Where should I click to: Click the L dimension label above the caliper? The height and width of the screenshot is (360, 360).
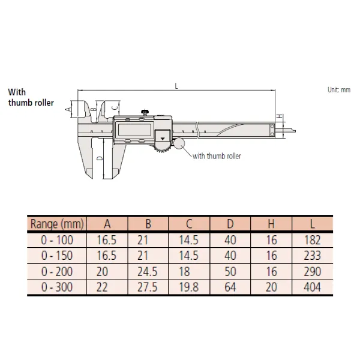[x=176, y=86]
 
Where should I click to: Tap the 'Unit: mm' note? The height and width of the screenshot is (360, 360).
[x=339, y=89]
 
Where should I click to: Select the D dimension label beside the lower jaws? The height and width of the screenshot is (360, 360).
[x=100, y=158]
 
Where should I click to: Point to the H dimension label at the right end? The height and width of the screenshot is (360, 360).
[x=280, y=116]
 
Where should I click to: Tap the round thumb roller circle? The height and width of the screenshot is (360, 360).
[x=179, y=143]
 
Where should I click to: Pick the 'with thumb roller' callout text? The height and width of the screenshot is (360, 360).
[x=217, y=156]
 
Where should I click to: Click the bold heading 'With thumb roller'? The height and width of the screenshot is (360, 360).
[x=31, y=97]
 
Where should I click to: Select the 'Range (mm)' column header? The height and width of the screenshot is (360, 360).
[x=57, y=224]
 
